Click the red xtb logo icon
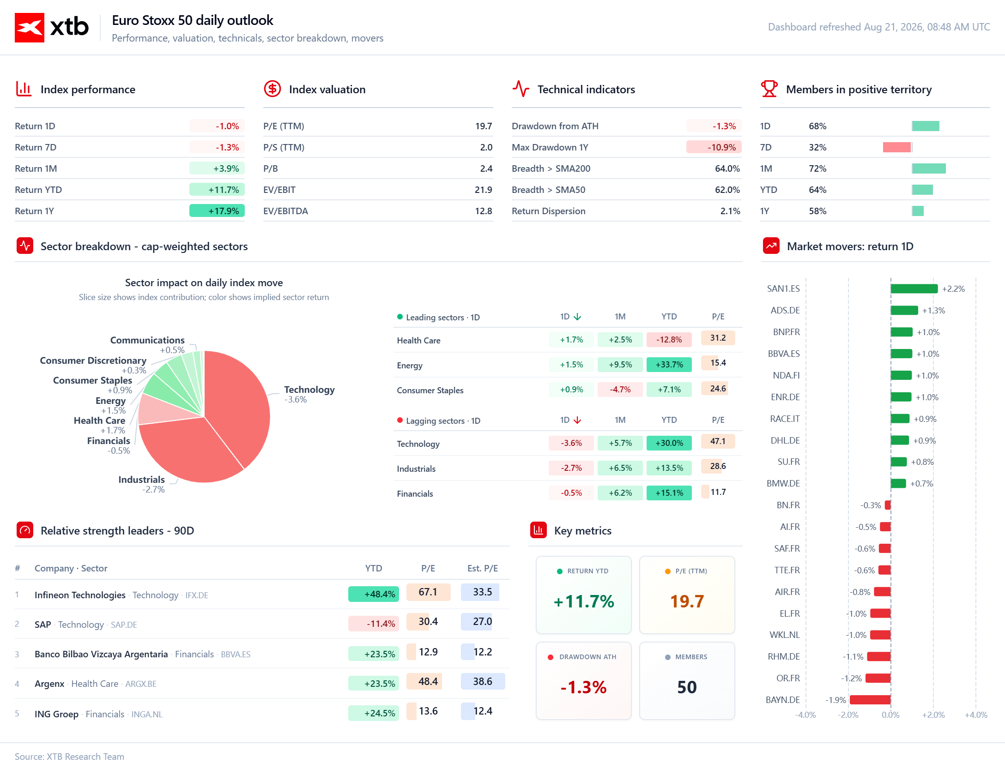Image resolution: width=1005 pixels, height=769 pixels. pyautogui.click(x=30, y=28)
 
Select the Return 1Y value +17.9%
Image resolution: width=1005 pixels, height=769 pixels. pyautogui.click(x=224, y=211)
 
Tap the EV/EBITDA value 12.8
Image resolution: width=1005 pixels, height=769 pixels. pyautogui.click(x=484, y=211)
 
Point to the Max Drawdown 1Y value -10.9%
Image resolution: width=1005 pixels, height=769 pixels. pyautogui.click(x=722, y=147)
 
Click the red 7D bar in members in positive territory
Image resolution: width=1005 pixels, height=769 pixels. pyautogui.click(x=897, y=147)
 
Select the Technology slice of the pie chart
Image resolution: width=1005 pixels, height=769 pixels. pyautogui.click(x=240, y=406)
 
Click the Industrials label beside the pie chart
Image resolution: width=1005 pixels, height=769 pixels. pyautogui.click(x=141, y=480)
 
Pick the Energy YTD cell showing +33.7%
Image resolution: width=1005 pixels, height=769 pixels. pyautogui.click(x=669, y=365)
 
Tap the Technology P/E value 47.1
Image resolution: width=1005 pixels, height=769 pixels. pyautogui.click(x=718, y=441)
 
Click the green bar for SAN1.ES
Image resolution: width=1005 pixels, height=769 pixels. pyautogui.click(x=914, y=289)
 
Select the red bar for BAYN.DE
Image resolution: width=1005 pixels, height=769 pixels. pyautogui.click(x=870, y=700)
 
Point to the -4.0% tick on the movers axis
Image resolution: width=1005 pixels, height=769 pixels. pyautogui.click(x=805, y=715)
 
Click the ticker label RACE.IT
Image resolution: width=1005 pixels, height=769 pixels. pyautogui.click(x=785, y=419)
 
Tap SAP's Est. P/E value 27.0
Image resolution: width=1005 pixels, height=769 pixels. pyautogui.click(x=482, y=621)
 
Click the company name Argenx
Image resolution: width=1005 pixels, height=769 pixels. pyautogui.click(x=49, y=684)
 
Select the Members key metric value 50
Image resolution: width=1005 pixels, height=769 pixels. pyautogui.click(x=687, y=687)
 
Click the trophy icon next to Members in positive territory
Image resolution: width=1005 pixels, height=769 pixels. pyautogui.click(x=769, y=89)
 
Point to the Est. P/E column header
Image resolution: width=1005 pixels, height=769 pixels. pyautogui.click(x=482, y=568)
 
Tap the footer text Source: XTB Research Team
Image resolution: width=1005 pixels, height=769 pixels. pyautogui.click(x=69, y=757)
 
